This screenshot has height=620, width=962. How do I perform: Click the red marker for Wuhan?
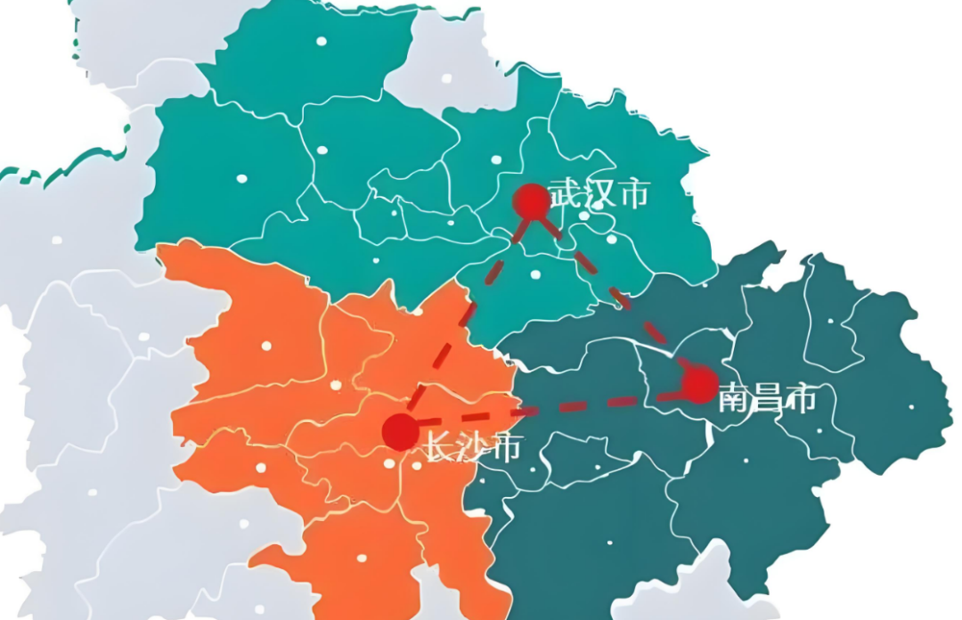point(532,201)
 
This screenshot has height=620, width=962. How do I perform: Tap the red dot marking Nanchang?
point(700,385)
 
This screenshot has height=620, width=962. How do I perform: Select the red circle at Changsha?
point(400,432)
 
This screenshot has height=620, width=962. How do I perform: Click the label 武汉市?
point(599,193)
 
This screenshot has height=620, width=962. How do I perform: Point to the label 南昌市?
point(767,400)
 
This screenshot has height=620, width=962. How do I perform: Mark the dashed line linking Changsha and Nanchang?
point(552,410)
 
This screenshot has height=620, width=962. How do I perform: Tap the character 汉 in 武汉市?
point(599,193)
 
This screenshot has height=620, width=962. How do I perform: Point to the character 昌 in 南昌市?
point(767,400)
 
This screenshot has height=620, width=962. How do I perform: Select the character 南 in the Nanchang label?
point(734,400)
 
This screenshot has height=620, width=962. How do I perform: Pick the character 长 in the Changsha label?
point(437,448)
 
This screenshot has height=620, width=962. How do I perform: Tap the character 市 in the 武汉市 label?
point(633,193)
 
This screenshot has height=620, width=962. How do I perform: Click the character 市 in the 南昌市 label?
point(800,400)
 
